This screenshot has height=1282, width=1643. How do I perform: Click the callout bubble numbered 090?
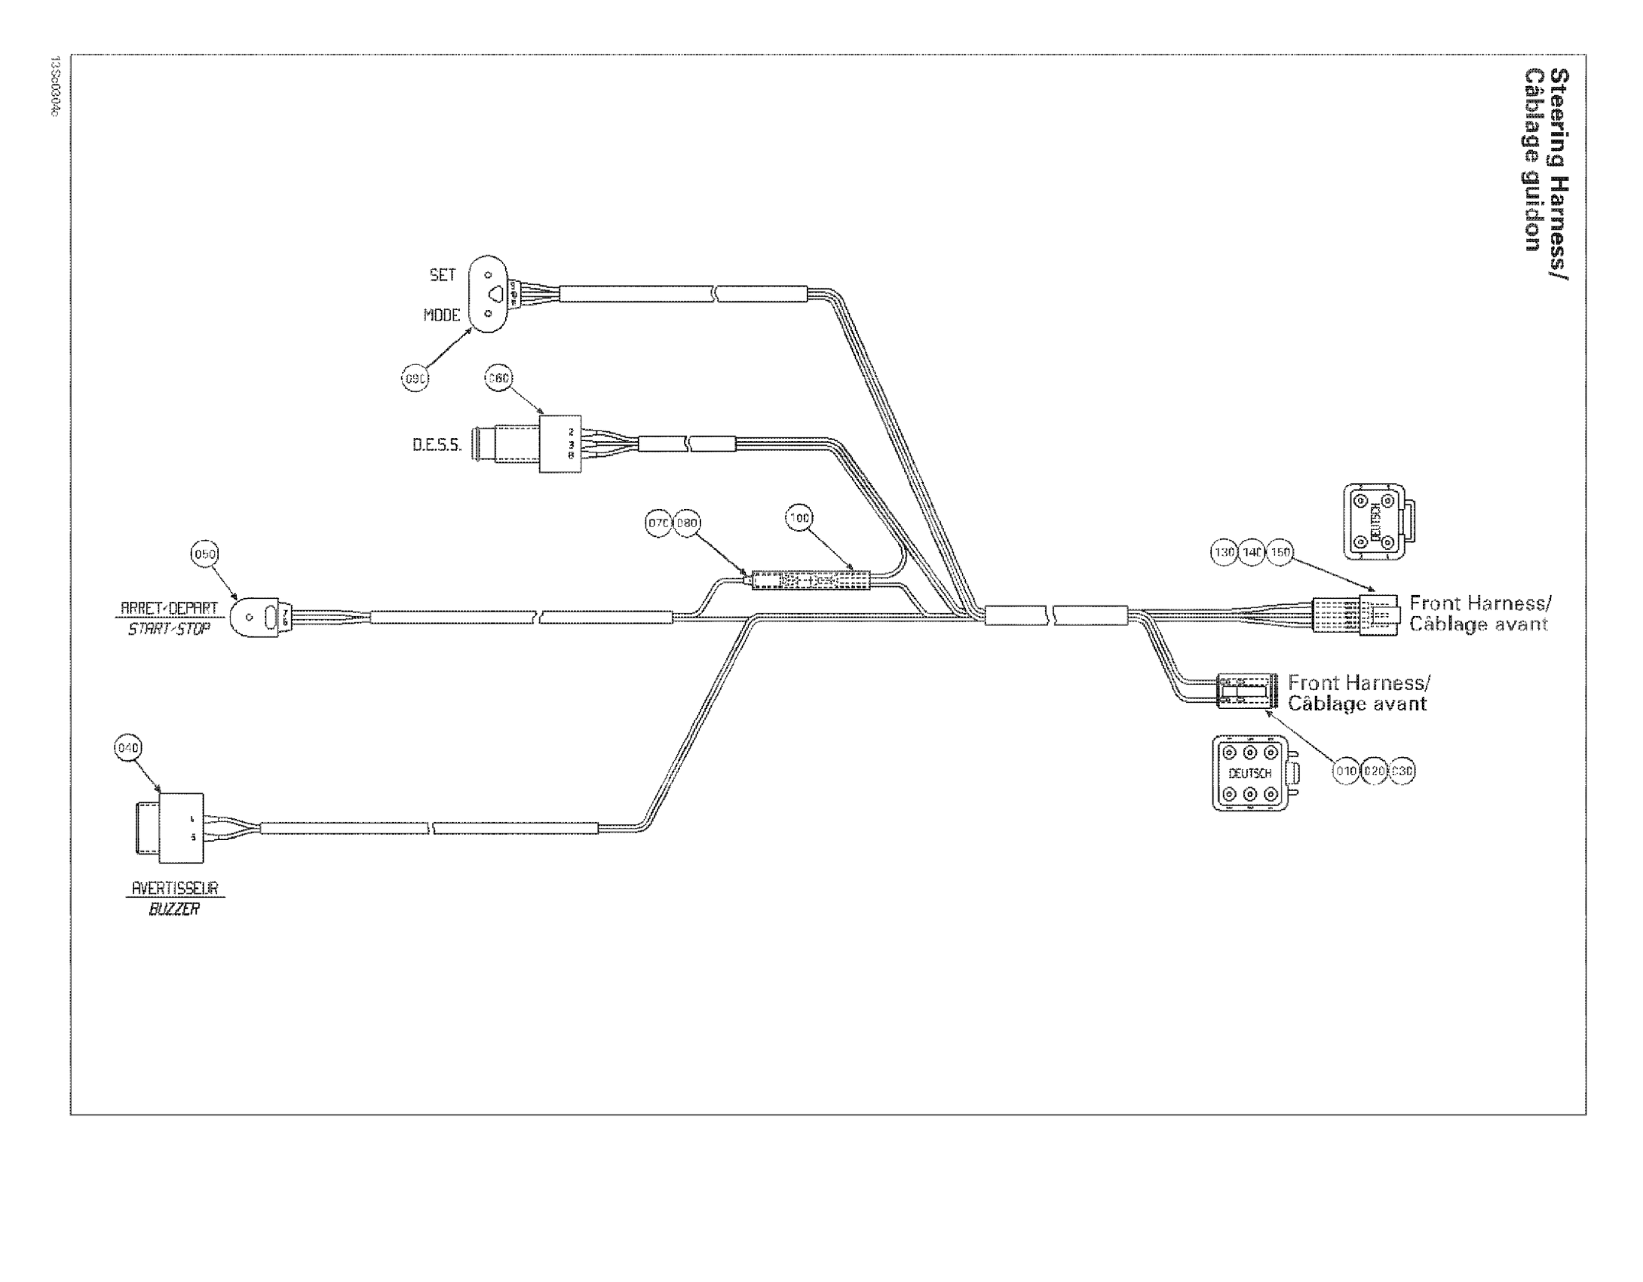[415, 379]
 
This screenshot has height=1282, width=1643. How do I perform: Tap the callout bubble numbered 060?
[498, 379]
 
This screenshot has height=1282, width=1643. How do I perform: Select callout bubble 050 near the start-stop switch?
[204, 555]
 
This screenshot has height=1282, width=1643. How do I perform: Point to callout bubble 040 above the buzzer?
[127, 748]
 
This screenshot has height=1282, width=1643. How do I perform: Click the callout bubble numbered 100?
[799, 518]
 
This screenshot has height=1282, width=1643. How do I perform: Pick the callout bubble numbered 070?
[658, 523]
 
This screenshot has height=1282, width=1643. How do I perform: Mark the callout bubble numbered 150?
[1280, 553]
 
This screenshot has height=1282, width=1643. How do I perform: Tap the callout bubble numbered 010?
[1346, 771]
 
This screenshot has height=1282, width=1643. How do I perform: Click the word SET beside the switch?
[443, 275]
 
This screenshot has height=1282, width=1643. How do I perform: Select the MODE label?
[441, 315]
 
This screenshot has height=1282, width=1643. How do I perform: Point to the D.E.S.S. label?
[437, 445]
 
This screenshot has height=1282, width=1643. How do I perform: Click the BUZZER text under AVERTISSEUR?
[174, 909]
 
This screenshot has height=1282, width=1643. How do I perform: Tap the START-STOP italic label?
[168, 629]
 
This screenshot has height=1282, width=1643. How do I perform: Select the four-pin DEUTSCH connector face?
[1375, 522]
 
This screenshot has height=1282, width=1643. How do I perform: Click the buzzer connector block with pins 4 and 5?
[181, 828]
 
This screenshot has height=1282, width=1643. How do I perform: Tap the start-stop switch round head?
[252, 618]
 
